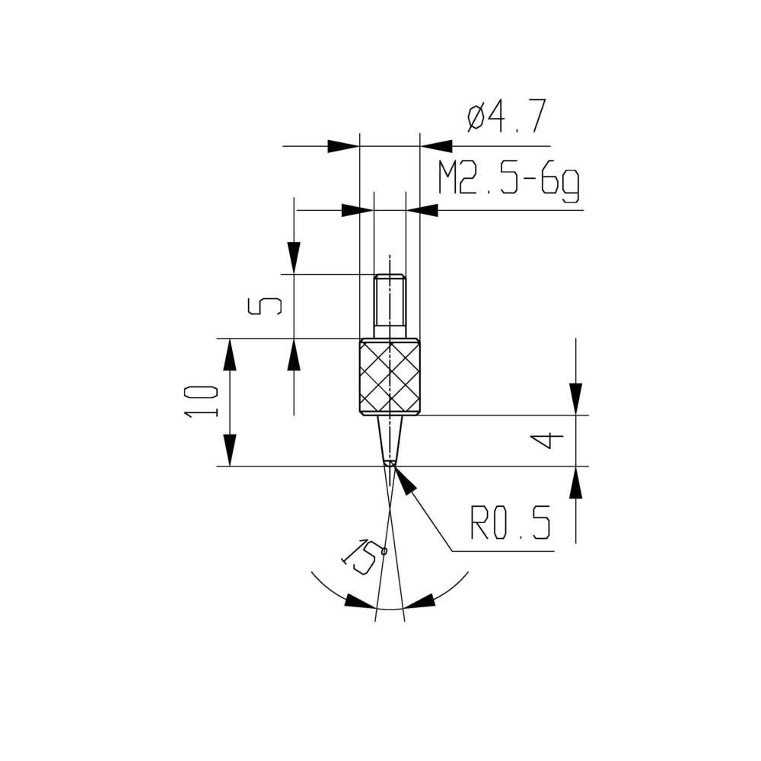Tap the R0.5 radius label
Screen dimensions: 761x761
point(511,524)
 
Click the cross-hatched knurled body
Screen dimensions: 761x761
point(390,378)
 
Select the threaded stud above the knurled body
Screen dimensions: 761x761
point(390,305)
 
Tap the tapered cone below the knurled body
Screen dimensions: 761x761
point(390,438)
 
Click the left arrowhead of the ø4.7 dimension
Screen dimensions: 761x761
point(343,145)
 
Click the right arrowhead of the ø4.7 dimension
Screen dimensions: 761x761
point(436,145)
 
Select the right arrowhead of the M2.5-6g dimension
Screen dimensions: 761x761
point(422,209)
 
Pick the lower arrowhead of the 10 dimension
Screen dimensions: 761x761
point(229,450)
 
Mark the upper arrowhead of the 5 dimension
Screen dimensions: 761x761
point(294,257)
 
